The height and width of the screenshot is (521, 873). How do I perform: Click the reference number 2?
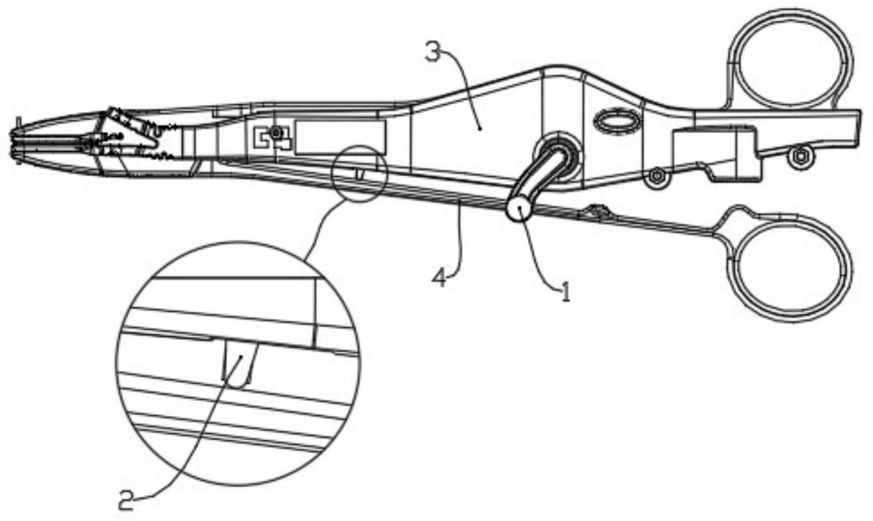point(127,498)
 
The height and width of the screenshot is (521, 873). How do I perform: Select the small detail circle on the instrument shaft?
point(360,174)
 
